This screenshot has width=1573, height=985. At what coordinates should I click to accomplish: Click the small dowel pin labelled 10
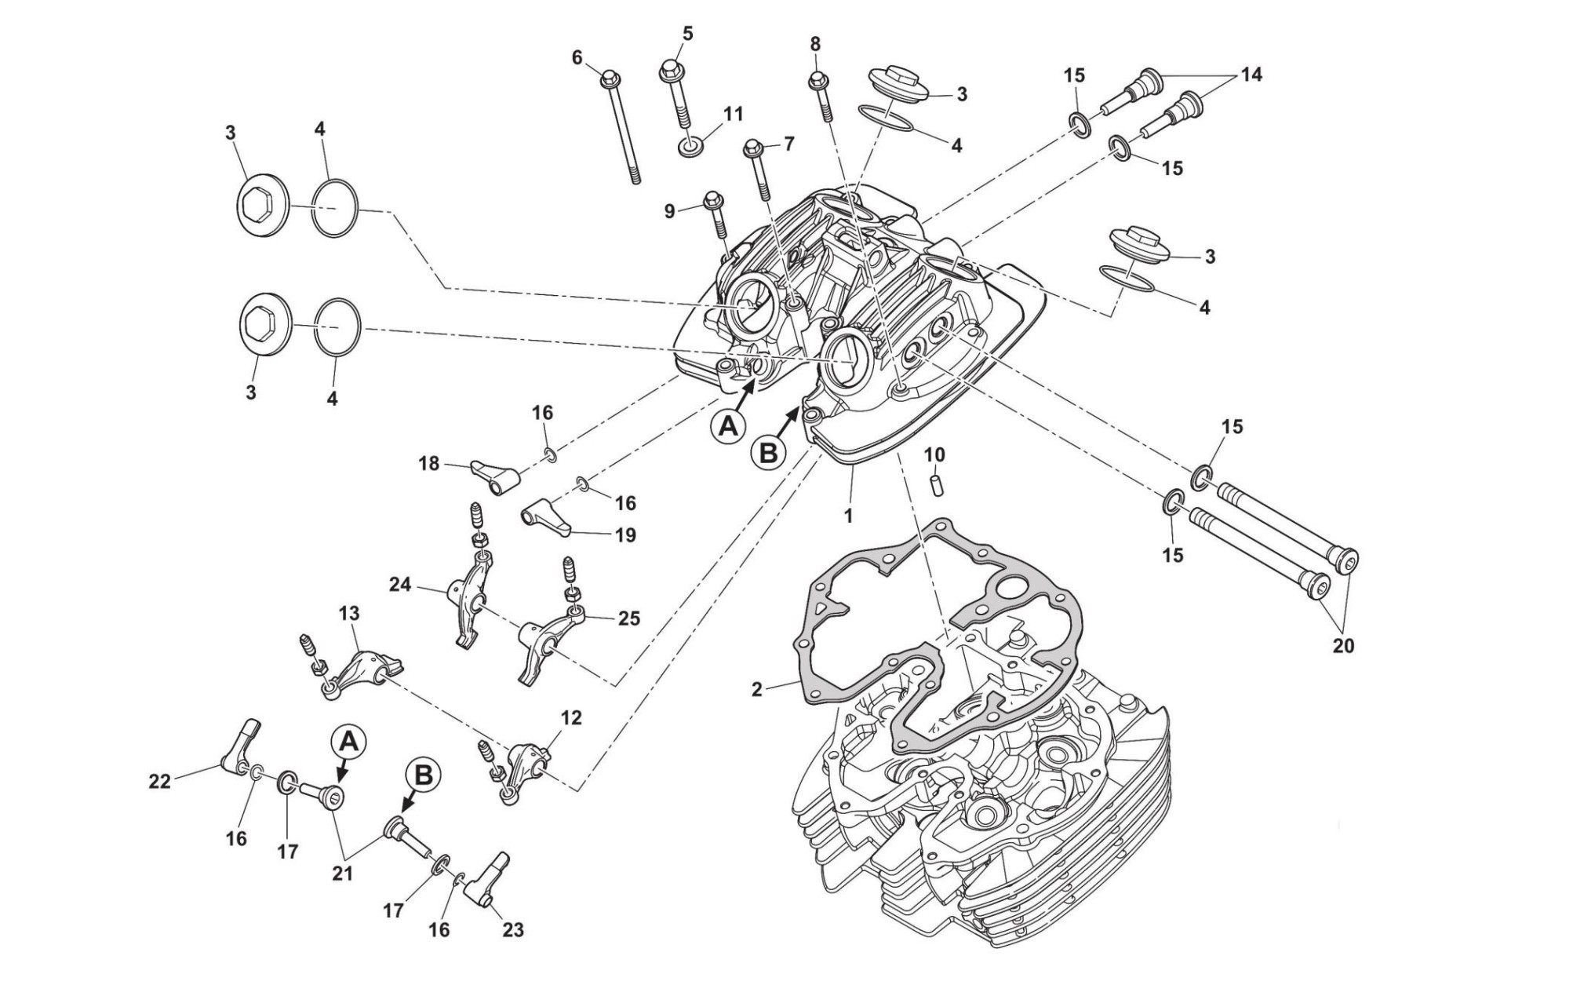click(936, 483)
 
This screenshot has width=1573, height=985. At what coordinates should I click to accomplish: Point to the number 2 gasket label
click(756, 689)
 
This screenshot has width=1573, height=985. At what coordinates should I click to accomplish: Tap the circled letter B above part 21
click(423, 775)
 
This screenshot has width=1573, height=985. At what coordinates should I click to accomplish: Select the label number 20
click(1343, 646)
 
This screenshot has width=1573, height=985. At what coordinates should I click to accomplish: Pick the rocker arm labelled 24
click(471, 600)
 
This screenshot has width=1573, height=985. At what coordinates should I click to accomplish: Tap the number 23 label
click(512, 930)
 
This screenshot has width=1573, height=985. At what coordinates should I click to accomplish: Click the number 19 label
click(625, 534)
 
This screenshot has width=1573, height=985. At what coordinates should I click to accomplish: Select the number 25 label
click(628, 618)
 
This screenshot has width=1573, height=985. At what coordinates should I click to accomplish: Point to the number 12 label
click(571, 717)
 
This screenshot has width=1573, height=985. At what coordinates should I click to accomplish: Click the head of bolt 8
click(817, 79)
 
